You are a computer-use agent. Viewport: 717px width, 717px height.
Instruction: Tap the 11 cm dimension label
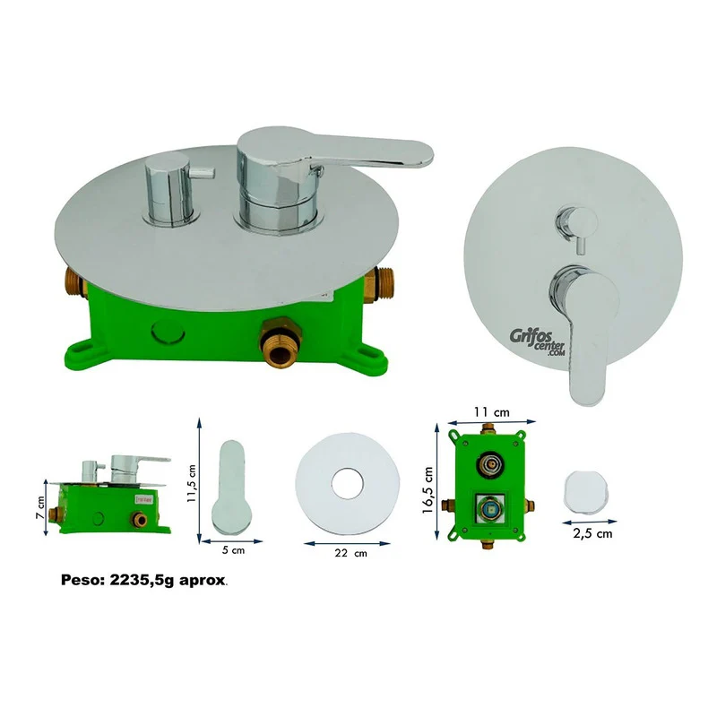491,412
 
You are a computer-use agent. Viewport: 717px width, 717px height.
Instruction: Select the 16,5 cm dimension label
428,489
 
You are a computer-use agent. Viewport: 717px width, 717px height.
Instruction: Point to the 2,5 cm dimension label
592,533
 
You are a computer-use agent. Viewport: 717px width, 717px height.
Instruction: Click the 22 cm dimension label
350,553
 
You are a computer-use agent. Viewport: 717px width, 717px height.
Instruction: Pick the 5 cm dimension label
233,549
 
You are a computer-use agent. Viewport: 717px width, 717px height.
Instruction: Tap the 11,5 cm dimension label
191,483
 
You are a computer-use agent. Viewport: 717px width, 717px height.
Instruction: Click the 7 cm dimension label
40,507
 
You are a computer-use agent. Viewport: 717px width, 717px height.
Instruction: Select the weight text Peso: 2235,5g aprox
144,580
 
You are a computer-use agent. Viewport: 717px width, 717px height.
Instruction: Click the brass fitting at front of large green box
280,343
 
